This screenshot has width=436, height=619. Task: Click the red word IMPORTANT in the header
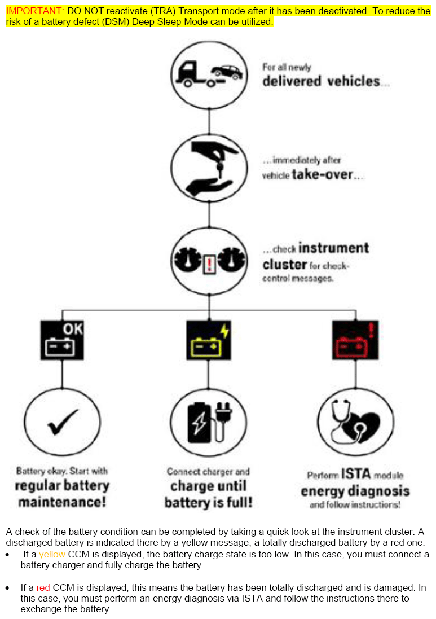[34, 11]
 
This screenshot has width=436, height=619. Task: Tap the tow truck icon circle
[209, 72]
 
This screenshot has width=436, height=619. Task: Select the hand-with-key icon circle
[209, 166]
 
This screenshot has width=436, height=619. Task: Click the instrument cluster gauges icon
[209, 261]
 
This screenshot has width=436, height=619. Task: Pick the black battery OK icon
[62, 340]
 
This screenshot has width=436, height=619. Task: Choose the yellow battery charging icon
[209, 340]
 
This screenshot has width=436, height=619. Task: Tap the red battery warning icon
[355, 340]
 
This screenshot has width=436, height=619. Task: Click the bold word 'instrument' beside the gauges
[333, 248]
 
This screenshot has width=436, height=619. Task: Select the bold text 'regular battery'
[62, 486]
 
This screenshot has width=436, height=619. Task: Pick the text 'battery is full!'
[208, 502]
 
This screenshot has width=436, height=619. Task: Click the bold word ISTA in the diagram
[356, 475]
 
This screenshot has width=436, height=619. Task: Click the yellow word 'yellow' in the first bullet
[52, 554]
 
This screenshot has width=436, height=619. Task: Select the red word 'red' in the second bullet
[43, 587]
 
